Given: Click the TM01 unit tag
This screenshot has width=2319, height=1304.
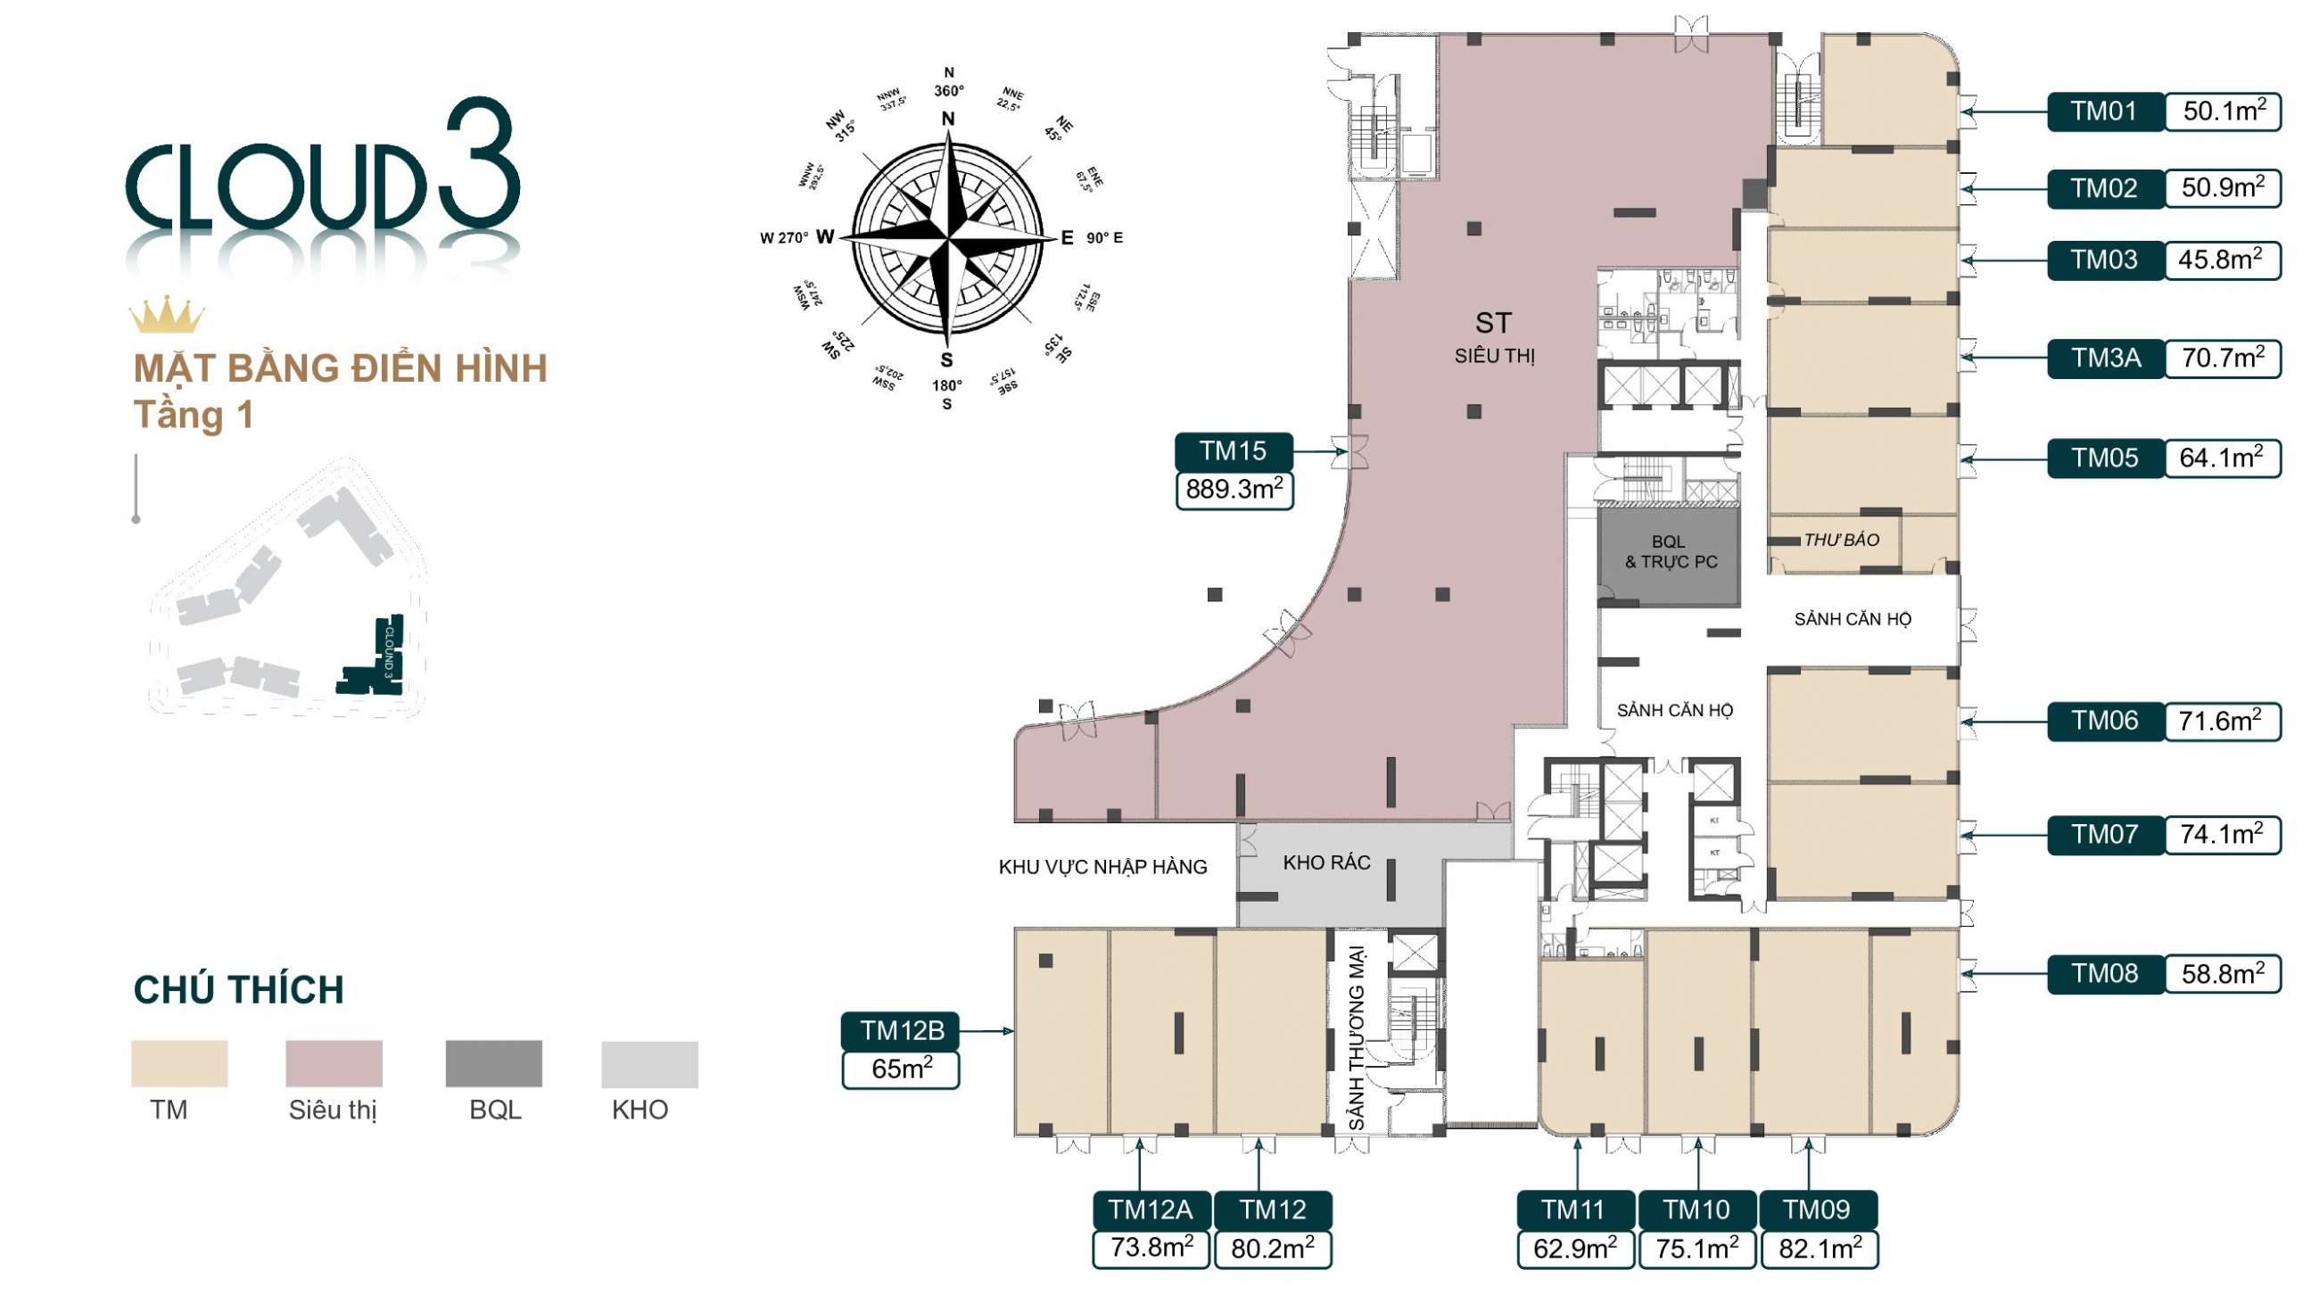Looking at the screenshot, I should (2104, 111).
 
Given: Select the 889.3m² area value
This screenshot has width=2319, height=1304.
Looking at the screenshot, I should (1234, 491).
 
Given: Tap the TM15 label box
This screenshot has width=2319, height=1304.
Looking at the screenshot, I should (1233, 450).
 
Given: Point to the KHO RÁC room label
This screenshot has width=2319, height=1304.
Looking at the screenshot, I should (1326, 863).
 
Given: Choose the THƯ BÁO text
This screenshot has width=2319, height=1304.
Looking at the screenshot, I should (1841, 540).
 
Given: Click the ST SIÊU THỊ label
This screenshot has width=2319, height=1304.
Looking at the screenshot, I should (1494, 336).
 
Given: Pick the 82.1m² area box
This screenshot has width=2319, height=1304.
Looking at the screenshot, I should (1819, 1249).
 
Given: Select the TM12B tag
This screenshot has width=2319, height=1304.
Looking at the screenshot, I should (901, 1030).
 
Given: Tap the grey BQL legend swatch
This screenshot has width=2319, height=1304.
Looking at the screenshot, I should (493, 1064).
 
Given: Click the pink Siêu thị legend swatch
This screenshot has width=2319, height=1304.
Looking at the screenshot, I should (333, 1064).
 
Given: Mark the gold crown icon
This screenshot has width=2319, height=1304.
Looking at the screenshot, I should (167, 314).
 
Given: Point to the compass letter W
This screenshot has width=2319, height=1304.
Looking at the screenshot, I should (825, 237).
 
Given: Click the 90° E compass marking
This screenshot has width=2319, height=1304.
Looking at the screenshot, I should (1103, 238).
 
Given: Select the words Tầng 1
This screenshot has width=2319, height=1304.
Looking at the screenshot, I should (194, 415).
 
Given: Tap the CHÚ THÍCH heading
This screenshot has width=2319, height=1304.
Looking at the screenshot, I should (238, 990).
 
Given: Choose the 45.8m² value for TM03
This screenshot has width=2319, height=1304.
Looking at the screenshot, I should (2221, 260).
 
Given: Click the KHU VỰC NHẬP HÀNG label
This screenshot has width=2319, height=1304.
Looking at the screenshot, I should (1102, 868).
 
